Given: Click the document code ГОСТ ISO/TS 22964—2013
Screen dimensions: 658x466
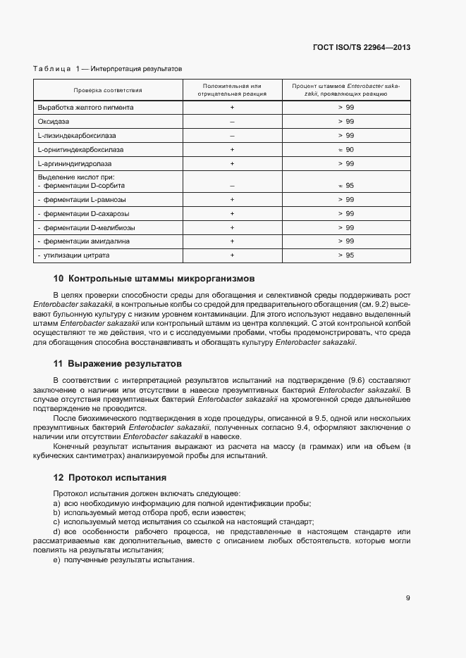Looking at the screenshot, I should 361,48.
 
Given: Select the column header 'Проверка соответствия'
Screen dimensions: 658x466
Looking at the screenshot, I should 108,90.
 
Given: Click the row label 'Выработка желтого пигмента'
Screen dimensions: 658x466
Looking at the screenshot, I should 85,108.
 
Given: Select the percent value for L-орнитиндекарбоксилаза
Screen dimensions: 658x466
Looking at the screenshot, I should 345,150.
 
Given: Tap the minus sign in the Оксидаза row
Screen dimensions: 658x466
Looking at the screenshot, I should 232,122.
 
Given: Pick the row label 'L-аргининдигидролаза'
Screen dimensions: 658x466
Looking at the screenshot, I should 74,164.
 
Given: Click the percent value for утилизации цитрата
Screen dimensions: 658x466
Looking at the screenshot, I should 345,255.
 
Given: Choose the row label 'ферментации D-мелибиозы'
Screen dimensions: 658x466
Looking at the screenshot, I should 89,227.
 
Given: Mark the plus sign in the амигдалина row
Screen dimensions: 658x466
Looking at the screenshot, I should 232,241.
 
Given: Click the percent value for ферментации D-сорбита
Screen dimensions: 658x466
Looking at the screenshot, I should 345,186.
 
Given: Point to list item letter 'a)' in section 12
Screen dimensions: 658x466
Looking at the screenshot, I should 56,502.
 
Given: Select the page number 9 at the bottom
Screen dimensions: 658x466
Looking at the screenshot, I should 407,598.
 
